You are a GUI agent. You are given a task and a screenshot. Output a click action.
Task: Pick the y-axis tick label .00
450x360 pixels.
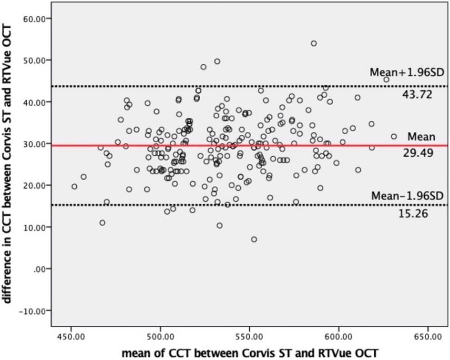pos(41,269)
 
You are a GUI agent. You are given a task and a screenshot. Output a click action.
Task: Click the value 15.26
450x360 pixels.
pos(413,214)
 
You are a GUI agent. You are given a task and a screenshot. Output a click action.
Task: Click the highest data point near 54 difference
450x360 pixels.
pos(314,43)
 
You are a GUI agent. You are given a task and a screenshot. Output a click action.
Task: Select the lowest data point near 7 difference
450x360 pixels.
pos(254,239)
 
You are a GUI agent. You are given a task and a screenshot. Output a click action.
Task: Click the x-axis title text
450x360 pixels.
pos(250,353)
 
